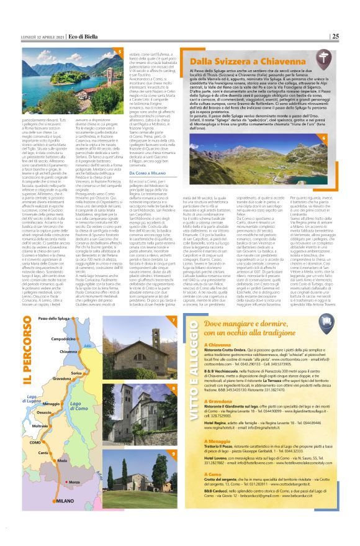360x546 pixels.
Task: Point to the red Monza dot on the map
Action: (66, 481)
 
